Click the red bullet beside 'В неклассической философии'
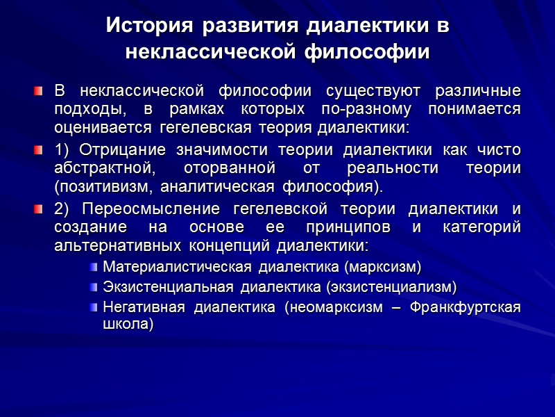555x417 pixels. [x=41, y=92]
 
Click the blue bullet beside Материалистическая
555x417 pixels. [x=94, y=267]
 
